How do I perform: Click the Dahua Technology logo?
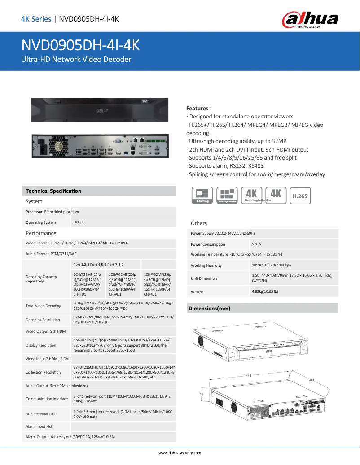tap(310, 20)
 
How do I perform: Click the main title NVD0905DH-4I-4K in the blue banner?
tap(81, 45)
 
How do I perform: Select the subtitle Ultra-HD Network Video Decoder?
tap(76, 59)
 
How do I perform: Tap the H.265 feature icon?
tap(300, 196)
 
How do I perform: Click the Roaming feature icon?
tap(202, 196)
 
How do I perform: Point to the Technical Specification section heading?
tap(53, 191)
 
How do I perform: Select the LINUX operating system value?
tap(79, 222)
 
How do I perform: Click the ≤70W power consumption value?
tap(257, 244)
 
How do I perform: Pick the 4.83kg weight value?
tap(265, 291)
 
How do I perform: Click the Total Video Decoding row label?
tap(43, 306)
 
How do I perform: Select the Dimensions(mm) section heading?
tap(209, 309)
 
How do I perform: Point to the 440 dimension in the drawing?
tap(248, 376)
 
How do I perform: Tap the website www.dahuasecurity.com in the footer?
tap(180, 453)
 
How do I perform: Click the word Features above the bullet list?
tap(197, 109)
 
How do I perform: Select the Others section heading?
tap(199, 223)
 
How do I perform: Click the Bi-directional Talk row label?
tap(40, 414)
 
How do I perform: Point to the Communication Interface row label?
tap(47, 399)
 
